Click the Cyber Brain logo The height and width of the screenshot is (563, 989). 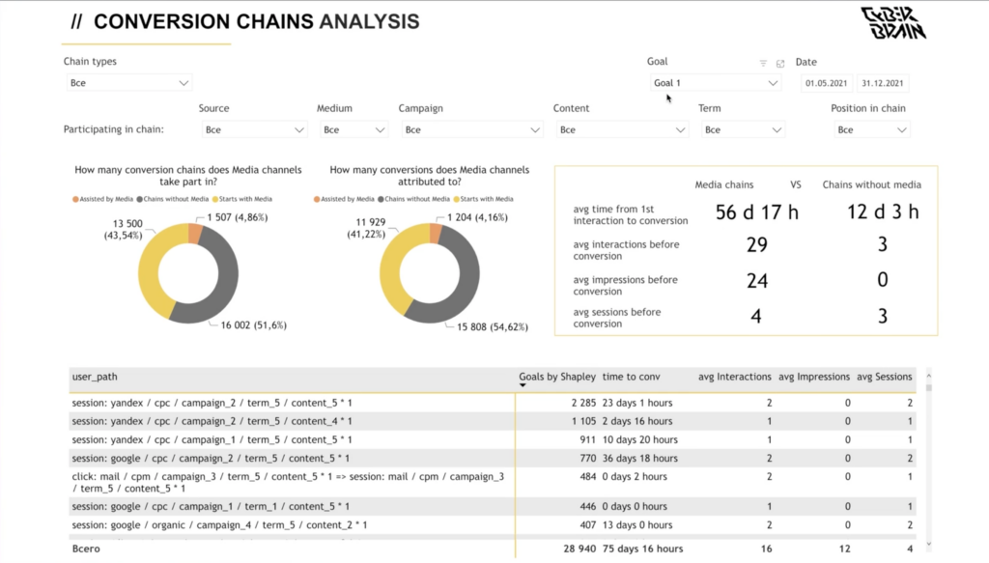point(892,23)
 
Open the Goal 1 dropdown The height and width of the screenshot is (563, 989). point(715,83)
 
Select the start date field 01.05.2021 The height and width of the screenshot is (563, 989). point(827,83)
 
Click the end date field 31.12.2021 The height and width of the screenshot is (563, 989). point(883,83)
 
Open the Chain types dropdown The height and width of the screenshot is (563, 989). point(129,83)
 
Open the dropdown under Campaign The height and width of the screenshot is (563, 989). point(471,129)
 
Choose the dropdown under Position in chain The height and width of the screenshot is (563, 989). point(871,129)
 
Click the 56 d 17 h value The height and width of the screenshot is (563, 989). point(757,212)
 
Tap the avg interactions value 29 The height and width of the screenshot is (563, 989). point(757,246)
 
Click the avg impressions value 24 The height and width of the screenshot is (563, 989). point(757,281)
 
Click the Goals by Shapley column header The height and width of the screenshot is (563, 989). point(557,377)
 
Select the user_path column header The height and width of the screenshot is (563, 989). point(95,377)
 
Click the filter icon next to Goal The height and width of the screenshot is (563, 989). point(763,63)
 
